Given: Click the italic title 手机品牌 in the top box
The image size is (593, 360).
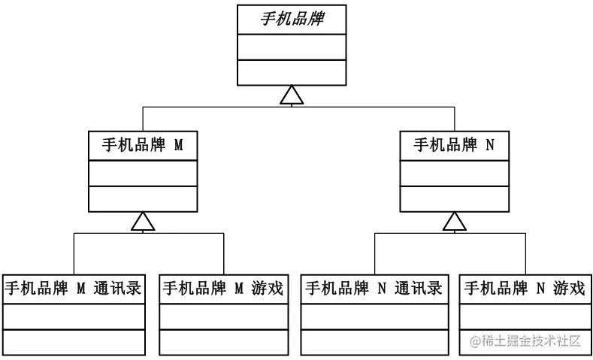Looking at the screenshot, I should (292, 20).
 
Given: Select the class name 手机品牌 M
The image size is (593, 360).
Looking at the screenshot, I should (143, 145).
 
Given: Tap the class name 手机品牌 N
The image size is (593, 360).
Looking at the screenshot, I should (454, 145).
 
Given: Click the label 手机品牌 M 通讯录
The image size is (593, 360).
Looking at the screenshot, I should (73, 288).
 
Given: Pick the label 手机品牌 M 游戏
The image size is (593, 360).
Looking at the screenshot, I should (223, 288).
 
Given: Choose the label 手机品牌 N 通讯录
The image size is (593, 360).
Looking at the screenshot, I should (374, 288).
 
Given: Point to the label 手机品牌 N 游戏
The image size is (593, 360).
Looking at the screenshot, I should (525, 288).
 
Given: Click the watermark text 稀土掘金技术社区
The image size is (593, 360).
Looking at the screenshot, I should (525, 341).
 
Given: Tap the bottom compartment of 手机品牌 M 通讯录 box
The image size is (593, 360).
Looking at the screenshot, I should (73, 341).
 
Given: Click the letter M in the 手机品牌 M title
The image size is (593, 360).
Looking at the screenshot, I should (179, 145).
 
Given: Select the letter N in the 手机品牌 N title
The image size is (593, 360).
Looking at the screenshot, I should (490, 145).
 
